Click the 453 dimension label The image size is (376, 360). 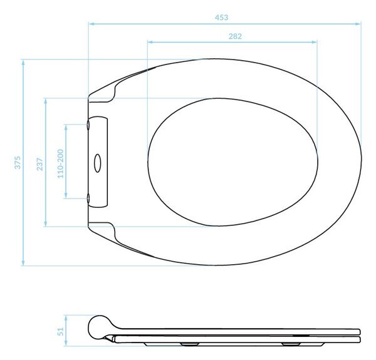(x=221, y=18)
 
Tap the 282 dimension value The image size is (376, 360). (x=235, y=36)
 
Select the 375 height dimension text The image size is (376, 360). (x=18, y=162)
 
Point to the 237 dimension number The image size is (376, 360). (x=40, y=164)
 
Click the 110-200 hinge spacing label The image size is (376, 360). (x=61, y=164)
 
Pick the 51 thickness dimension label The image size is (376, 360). (x=61, y=331)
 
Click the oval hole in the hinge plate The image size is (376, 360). (x=97, y=163)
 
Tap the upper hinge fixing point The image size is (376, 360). (x=88, y=125)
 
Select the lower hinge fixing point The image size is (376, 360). (x=88, y=198)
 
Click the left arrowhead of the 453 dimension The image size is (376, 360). (x=91, y=24)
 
